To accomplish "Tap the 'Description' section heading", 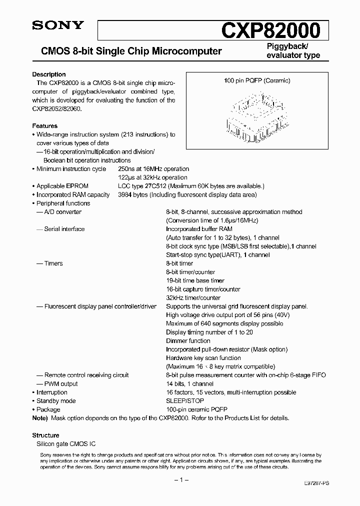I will (x=49, y=74).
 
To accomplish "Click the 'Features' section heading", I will (x=45, y=126).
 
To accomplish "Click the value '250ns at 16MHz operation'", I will (x=153, y=169).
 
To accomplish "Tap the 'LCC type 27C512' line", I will (x=141, y=186).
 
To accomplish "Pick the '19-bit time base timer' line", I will (x=195, y=280).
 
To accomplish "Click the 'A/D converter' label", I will (x=63, y=212).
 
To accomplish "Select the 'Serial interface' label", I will (x=64, y=229).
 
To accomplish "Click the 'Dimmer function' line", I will (x=188, y=341).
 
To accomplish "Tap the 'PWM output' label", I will (x=61, y=384).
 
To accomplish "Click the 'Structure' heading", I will (x=46, y=435).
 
